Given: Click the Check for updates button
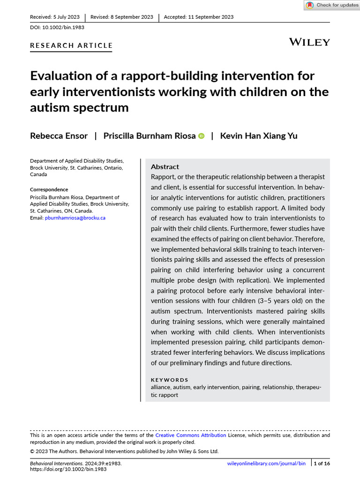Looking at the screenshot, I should pos(332,5).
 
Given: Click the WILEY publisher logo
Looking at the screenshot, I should pos(309,42).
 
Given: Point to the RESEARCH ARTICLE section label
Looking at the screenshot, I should pos(71,45).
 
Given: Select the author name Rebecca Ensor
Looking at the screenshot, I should pos(59,136).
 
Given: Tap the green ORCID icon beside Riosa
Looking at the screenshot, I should pos(202,136).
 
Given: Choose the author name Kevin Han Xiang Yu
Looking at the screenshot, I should pos(259,136).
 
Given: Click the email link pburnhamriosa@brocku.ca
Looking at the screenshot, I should pos(75,218).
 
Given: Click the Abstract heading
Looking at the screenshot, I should pos(165,167).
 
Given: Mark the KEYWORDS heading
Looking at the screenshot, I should pos(170,380).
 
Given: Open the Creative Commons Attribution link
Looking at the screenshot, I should pos(191,435).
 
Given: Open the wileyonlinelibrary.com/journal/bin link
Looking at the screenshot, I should pos(266,463).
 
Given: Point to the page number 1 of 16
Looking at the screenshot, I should pos(321,463).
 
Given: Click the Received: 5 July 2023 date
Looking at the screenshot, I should pos(54,17).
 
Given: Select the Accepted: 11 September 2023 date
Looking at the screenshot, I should pos(198,17).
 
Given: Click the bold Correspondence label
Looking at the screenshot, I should pos(49,189).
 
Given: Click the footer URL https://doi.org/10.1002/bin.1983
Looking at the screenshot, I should pos(68,469).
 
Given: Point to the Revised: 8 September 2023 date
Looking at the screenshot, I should pos(121,17).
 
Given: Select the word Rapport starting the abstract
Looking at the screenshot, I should pos(163,177).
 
